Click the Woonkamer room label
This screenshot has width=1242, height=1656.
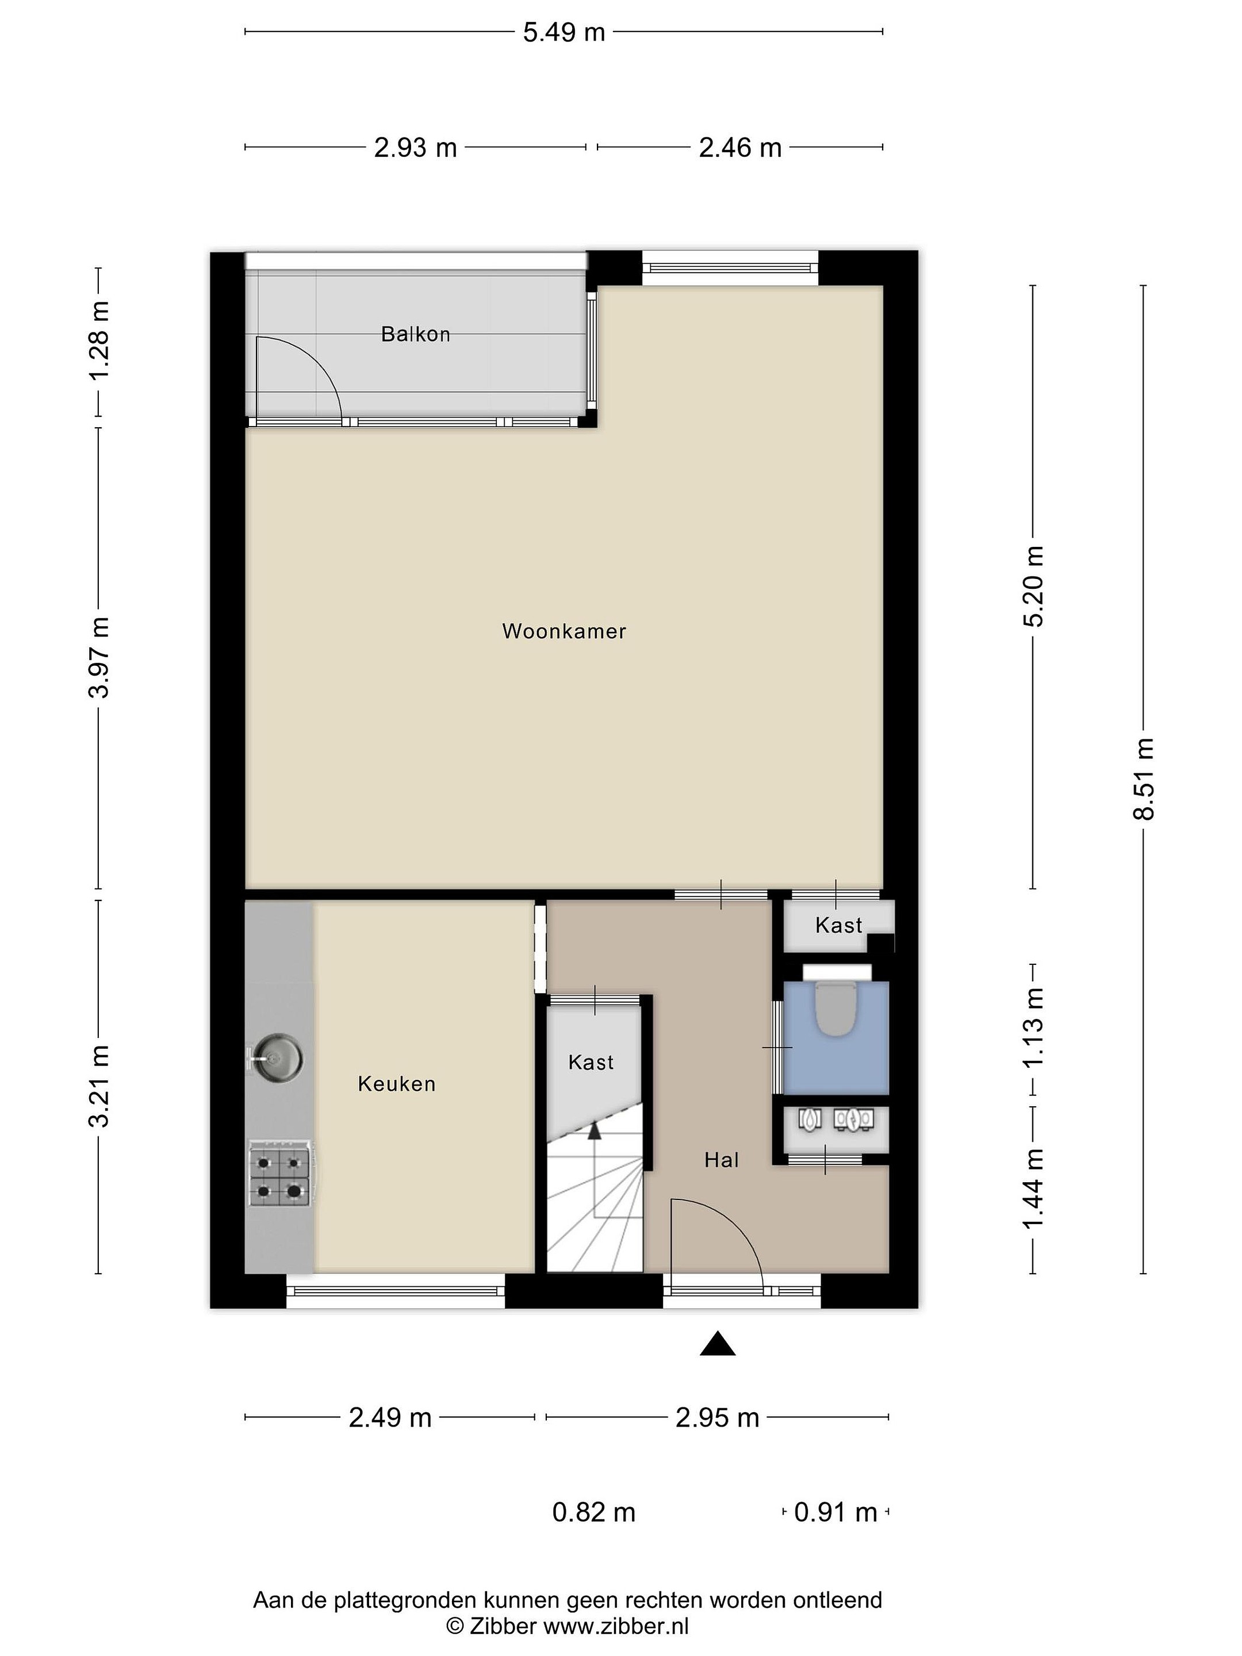coord(563,631)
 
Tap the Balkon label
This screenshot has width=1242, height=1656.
coord(416,334)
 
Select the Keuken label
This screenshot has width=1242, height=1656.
coord(396,1084)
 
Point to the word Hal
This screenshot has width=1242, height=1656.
coord(721,1160)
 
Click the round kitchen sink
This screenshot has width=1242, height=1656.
coord(278,1059)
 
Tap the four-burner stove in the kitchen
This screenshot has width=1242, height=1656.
coord(280,1174)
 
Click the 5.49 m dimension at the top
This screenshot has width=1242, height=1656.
coord(563,32)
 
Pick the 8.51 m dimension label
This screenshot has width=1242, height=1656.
coord(1143,779)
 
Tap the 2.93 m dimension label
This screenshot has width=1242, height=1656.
coord(416,147)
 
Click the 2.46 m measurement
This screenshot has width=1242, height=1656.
coord(739,147)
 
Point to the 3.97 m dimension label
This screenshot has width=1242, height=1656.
coord(99,657)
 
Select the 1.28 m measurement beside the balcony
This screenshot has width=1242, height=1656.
coord(99,340)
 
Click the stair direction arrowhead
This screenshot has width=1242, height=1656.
coord(595,1131)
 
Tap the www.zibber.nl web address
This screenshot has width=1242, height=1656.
coord(615,1626)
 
